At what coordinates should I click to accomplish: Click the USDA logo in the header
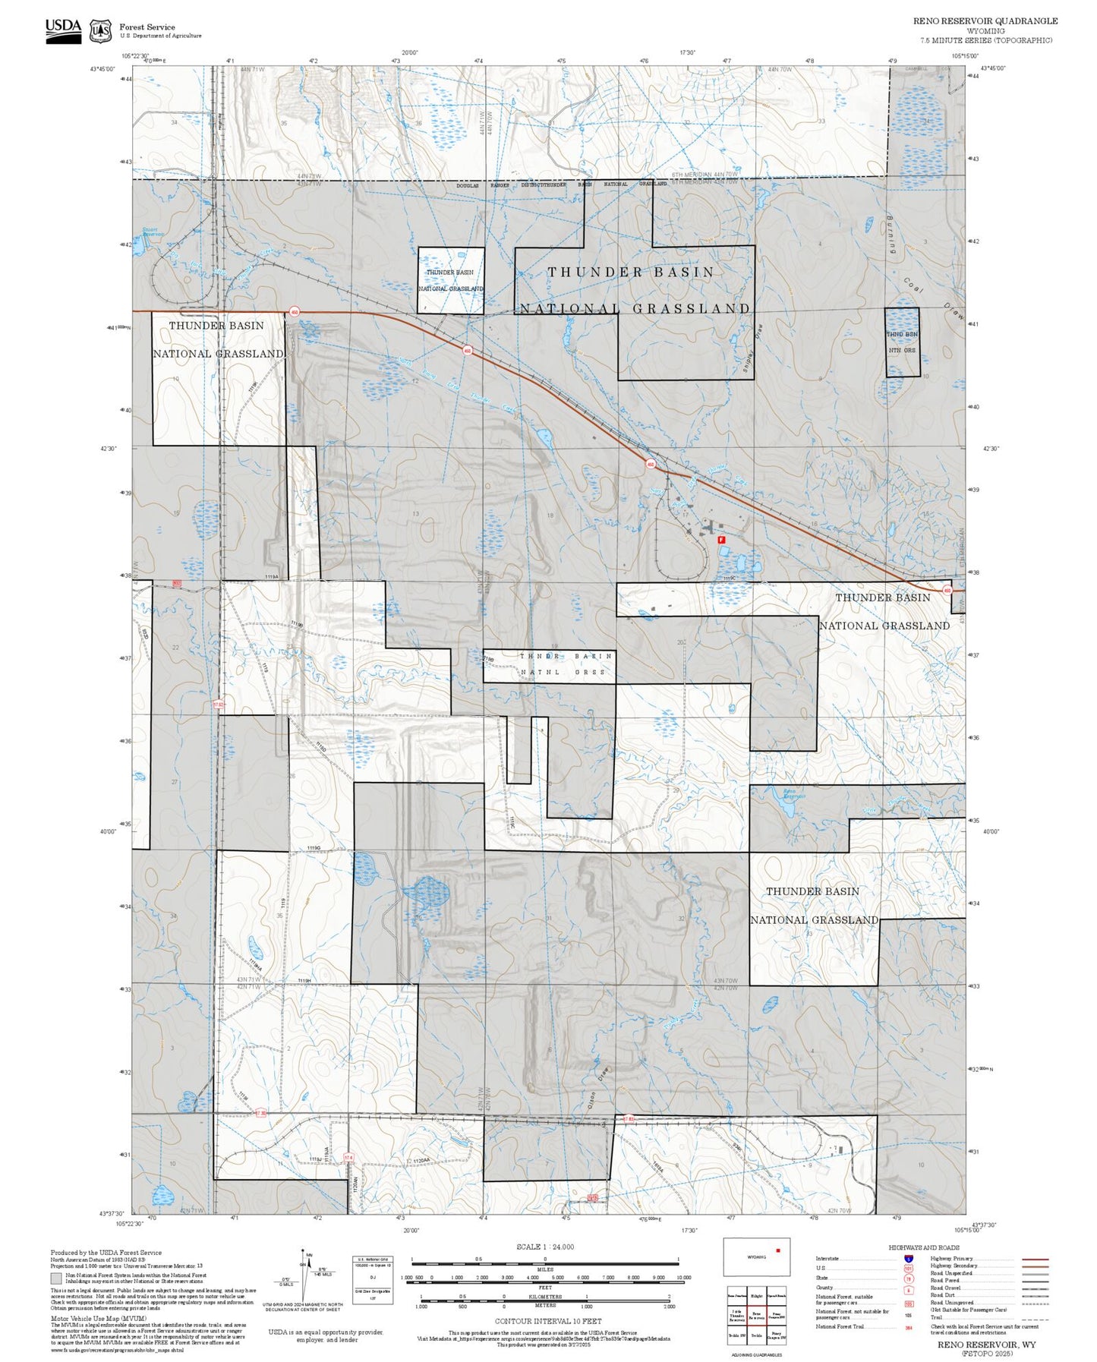(x=63, y=30)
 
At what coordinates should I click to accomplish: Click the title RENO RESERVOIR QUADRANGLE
(x=985, y=21)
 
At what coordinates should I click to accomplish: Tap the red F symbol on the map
(x=721, y=539)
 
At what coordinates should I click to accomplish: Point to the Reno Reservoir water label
(x=793, y=794)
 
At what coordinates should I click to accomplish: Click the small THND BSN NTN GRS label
(x=902, y=342)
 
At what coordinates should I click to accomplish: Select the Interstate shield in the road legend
(x=909, y=1259)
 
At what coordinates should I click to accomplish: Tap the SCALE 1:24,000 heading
(x=544, y=1247)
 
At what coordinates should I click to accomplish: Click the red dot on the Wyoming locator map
(x=777, y=1250)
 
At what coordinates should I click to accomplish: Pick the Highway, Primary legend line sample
(x=1035, y=1259)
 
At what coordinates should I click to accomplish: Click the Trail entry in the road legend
(x=936, y=1317)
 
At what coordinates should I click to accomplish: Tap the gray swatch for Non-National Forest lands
(x=56, y=1278)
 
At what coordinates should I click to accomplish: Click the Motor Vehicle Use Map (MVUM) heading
(x=98, y=1319)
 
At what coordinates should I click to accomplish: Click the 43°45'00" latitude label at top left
(x=102, y=69)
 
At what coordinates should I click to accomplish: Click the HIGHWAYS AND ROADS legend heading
(x=924, y=1247)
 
